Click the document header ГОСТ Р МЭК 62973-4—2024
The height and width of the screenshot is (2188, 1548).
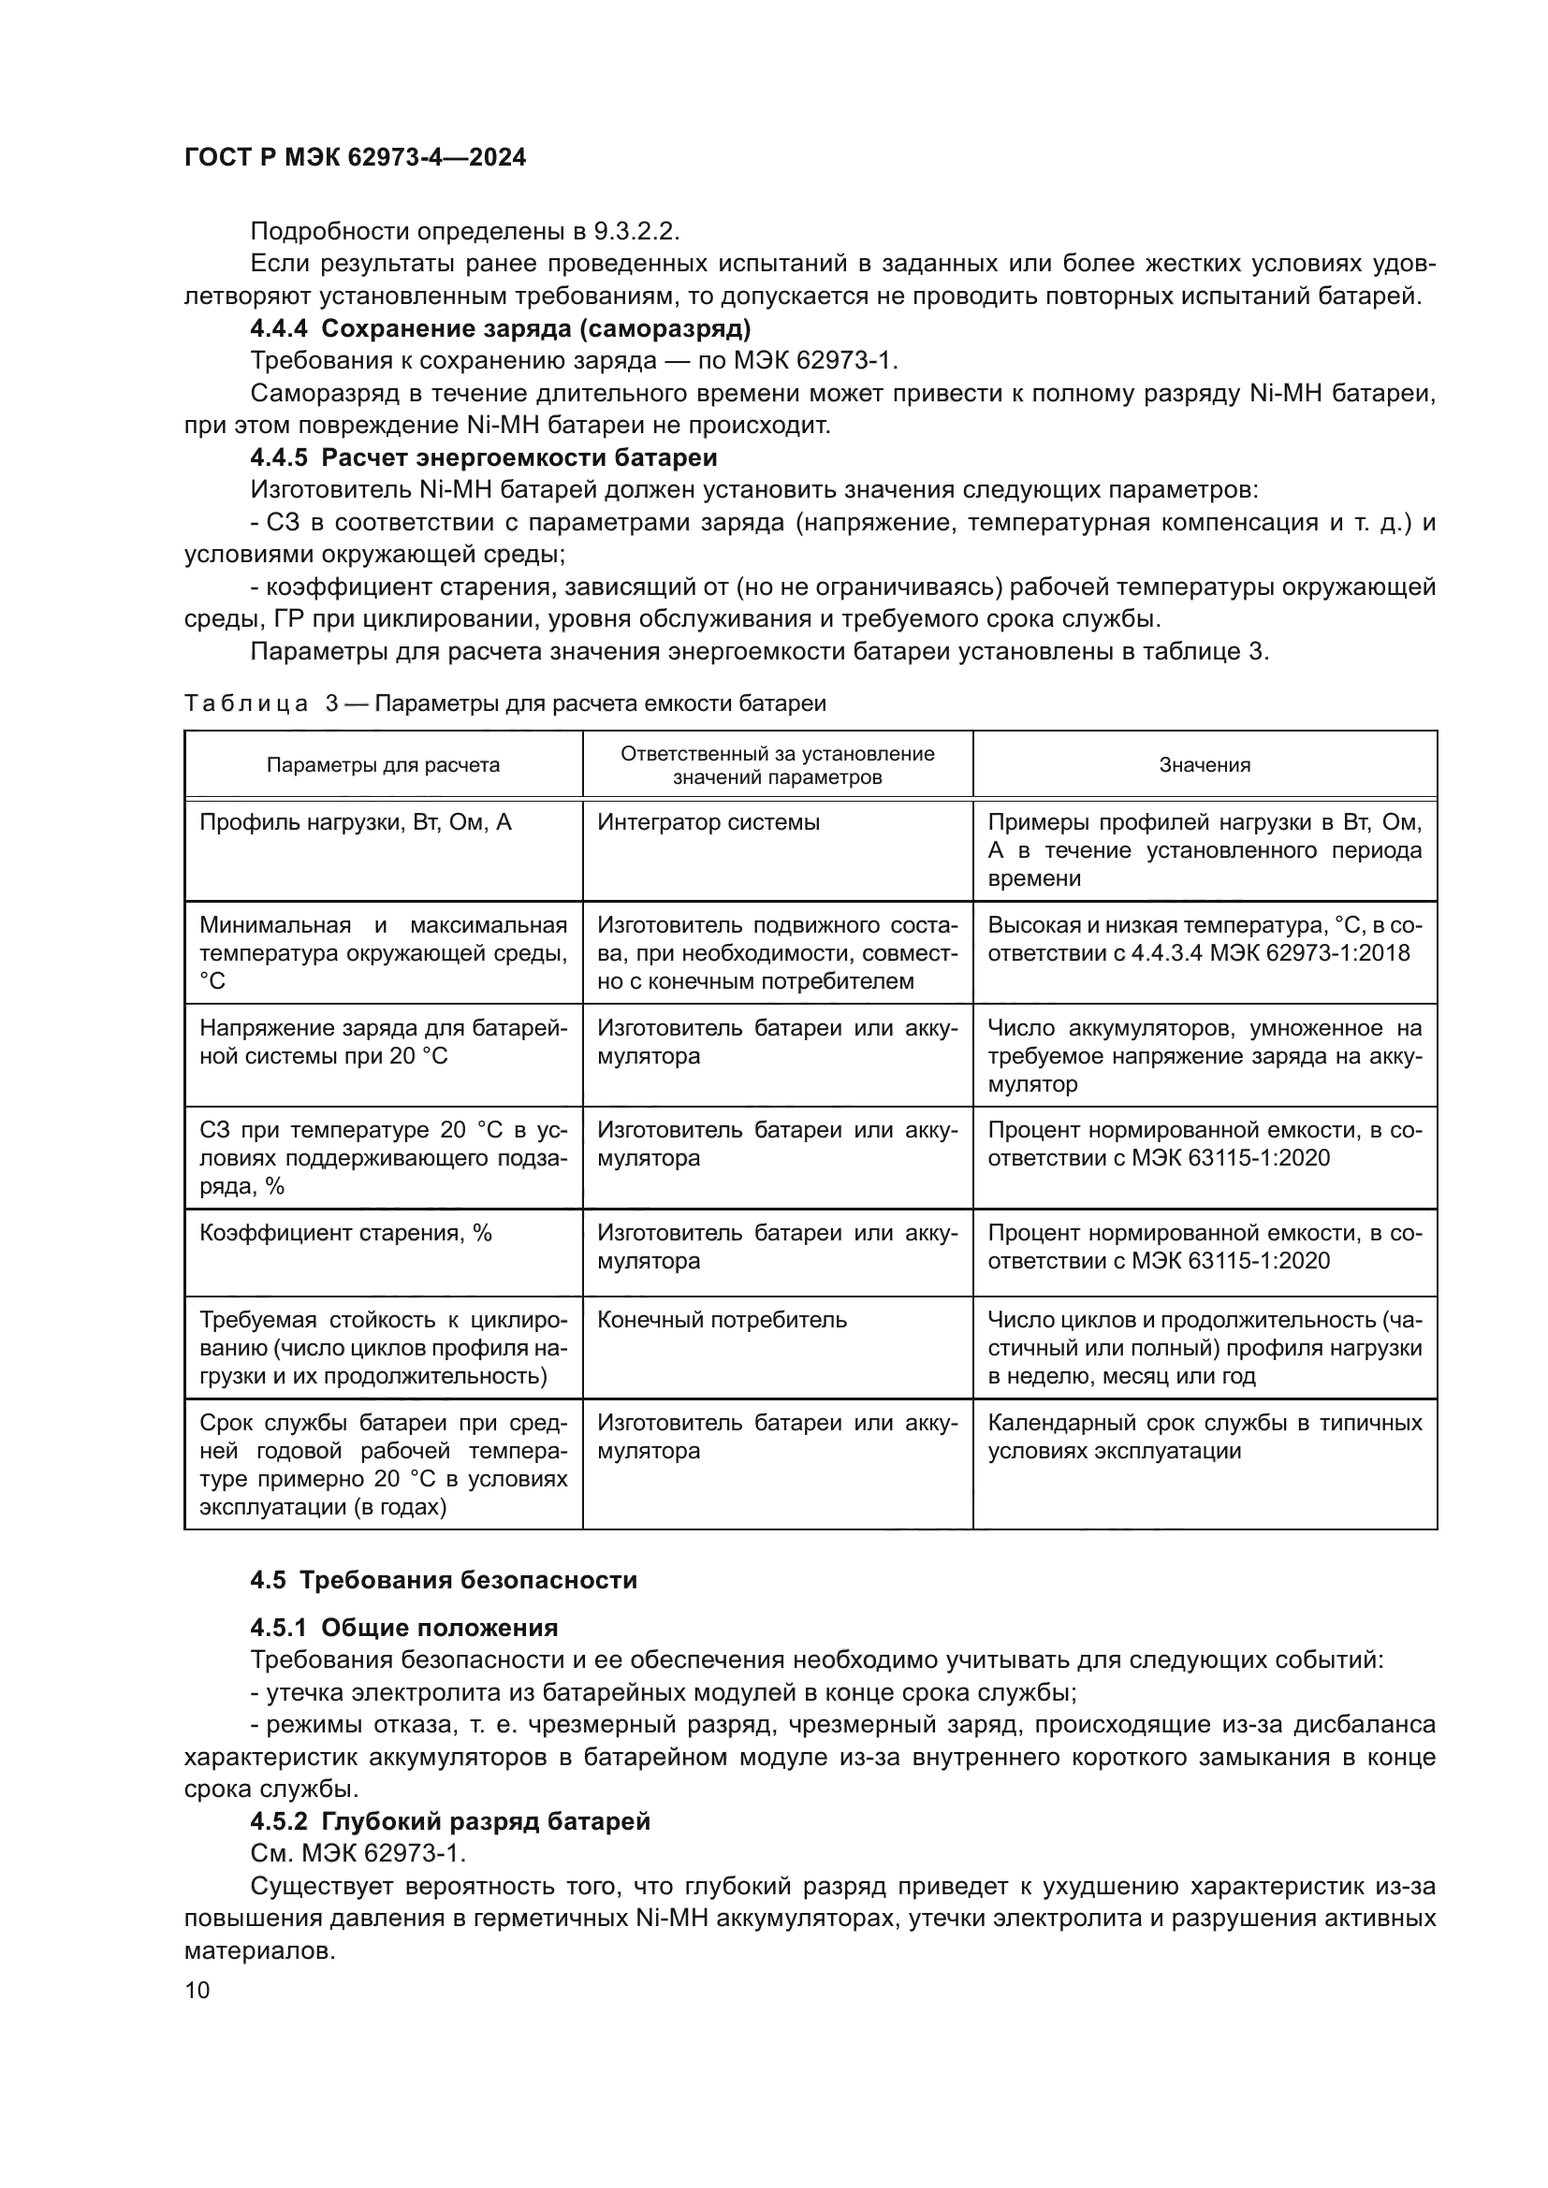click(355, 158)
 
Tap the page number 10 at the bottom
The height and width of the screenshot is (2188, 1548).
click(197, 1990)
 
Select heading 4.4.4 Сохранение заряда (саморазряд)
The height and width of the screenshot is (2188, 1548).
click(501, 328)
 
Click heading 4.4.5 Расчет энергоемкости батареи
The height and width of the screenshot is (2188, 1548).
click(483, 457)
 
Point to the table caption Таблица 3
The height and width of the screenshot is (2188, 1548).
click(504, 703)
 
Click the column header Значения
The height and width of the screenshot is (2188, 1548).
click(1204, 764)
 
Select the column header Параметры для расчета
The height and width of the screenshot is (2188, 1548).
click(382, 764)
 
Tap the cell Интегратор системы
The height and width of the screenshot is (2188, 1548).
click(708, 821)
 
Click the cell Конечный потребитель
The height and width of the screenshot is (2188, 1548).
click(722, 1319)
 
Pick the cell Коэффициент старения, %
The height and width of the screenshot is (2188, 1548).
click(345, 1232)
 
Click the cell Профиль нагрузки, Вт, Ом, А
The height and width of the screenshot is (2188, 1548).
click(355, 821)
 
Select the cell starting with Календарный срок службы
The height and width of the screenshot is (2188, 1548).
click(1204, 1436)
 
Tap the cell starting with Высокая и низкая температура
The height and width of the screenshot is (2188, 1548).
click(1204, 938)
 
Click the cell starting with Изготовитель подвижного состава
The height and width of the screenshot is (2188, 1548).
click(777, 953)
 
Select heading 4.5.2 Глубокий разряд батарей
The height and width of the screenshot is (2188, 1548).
click(450, 1821)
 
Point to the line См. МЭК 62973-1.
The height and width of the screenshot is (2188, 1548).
click(358, 1853)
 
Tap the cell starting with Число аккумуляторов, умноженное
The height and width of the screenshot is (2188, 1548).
click(1204, 1056)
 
